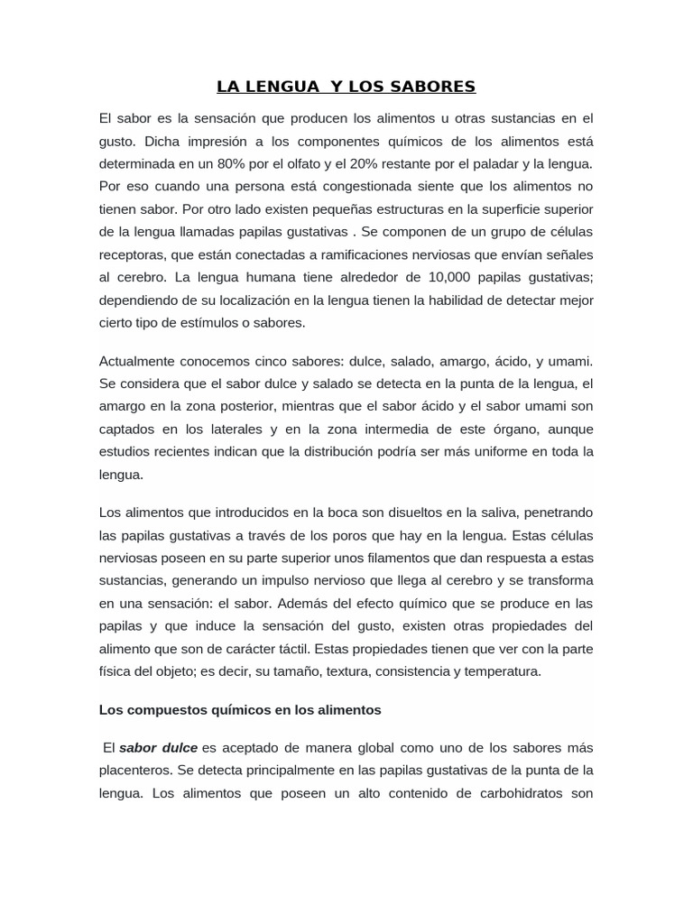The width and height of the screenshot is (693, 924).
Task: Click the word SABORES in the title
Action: (432, 87)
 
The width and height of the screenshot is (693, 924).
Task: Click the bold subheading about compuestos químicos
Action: (240, 710)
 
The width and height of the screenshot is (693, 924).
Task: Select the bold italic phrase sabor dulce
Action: (158, 748)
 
